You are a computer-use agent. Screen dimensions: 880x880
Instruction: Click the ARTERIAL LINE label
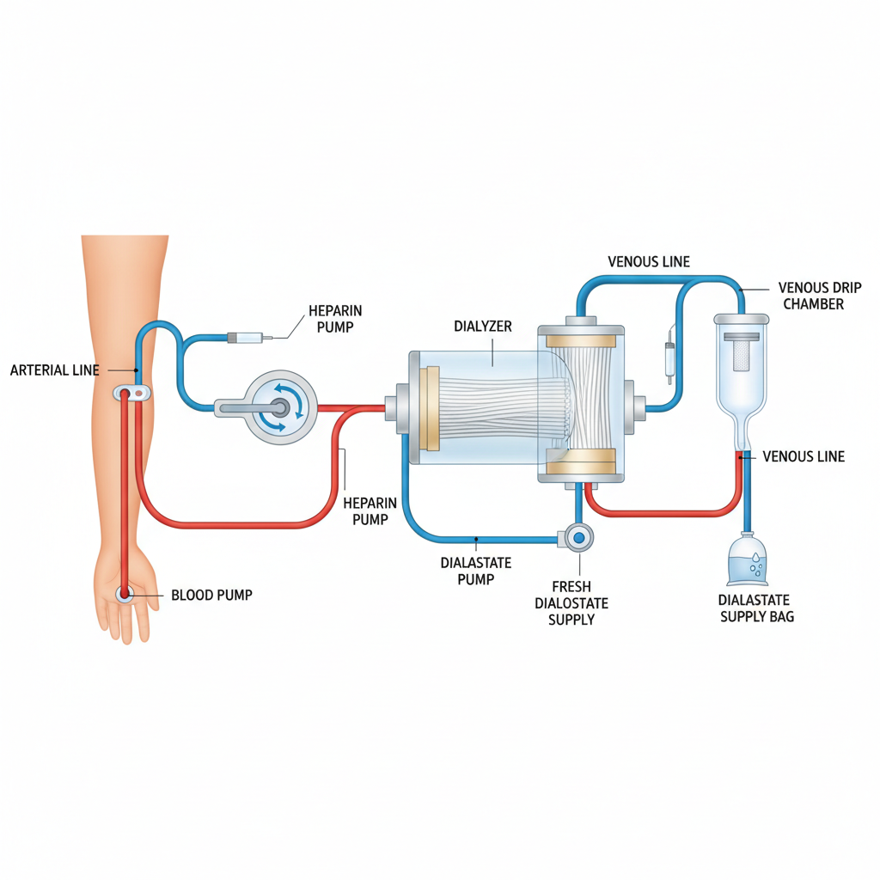click(x=54, y=370)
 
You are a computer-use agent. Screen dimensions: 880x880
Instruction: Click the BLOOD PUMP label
click(x=211, y=595)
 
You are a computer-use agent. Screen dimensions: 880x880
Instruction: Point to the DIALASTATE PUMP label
click(x=475, y=571)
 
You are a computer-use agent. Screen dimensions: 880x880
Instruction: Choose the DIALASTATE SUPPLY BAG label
click(x=756, y=608)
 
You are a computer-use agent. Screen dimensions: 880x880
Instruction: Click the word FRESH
click(x=571, y=587)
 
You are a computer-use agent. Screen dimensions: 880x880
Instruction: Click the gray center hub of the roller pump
click(x=279, y=406)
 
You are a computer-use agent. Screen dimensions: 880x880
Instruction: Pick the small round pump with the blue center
click(x=578, y=537)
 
